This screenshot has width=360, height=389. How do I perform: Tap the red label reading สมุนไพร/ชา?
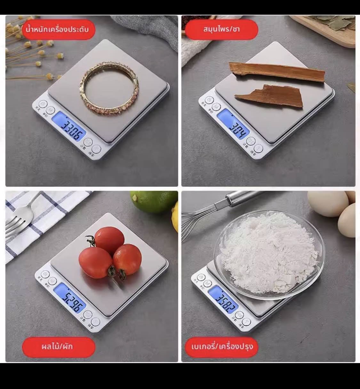click(221, 29)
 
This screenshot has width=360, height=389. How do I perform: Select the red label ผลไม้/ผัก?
click(58, 346)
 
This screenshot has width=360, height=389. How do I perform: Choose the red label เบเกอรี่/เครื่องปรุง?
click(221, 346)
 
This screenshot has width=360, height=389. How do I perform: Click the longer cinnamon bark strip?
click(277, 72)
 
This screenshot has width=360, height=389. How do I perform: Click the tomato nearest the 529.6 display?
click(95, 262)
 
